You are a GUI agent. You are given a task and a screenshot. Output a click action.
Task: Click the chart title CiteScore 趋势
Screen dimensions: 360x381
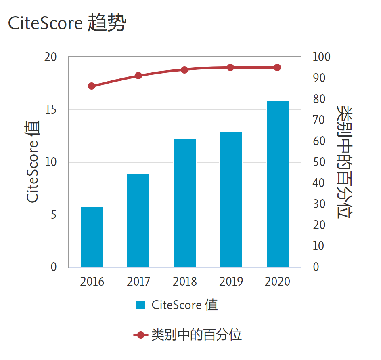[x=67, y=23]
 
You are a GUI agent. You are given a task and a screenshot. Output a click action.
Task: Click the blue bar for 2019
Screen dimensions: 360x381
[x=231, y=200]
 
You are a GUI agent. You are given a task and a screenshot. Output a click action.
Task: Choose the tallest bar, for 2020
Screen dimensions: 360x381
[x=278, y=184]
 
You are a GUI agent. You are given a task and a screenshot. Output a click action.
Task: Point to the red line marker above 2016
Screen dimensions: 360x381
[x=92, y=86]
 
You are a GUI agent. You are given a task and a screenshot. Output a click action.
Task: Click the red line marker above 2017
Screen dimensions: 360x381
[x=138, y=76]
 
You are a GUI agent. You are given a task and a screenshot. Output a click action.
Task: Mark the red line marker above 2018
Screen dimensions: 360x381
[x=184, y=70]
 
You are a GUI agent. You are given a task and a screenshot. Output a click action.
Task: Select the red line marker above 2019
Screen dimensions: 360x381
[x=230, y=67]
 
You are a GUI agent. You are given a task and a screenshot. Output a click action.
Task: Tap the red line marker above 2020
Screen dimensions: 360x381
[x=277, y=67]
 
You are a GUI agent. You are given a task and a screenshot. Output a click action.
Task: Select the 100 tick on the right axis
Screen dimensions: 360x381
[x=321, y=57]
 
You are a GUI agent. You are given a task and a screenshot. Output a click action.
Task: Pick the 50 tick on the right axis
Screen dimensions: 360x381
[x=319, y=162]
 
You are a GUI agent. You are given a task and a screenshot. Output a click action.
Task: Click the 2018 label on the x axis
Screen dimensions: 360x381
[x=185, y=282]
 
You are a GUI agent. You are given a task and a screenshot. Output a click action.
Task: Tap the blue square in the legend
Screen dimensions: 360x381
[x=141, y=305]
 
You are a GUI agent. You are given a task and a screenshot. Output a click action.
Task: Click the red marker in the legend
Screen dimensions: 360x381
[x=140, y=335]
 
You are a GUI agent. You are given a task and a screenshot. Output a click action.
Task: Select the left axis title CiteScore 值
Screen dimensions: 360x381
[x=33, y=162]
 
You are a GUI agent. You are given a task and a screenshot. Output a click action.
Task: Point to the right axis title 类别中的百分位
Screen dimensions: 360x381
[x=346, y=162]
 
